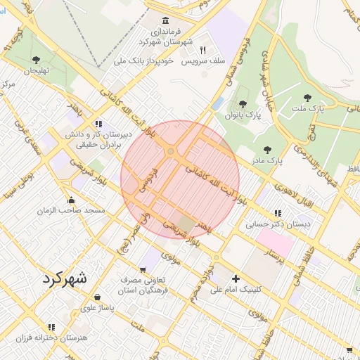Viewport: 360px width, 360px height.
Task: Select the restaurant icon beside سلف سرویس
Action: (x=202, y=51)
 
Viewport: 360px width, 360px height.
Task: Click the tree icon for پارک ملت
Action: (x=306, y=98)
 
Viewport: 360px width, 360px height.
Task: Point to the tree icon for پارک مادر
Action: (x=266, y=149)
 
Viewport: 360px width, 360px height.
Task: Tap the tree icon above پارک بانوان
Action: (x=243, y=104)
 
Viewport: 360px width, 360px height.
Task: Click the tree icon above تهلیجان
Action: (x=36, y=60)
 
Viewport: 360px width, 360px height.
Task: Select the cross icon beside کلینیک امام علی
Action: (x=236, y=278)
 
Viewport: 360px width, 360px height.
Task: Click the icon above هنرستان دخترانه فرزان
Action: (x=51, y=327)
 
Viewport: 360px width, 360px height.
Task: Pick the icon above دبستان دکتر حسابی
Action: (x=278, y=213)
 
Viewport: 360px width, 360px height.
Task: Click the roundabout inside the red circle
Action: (x=170, y=151)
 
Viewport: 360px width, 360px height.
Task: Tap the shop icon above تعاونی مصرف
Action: (x=144, y=269)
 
